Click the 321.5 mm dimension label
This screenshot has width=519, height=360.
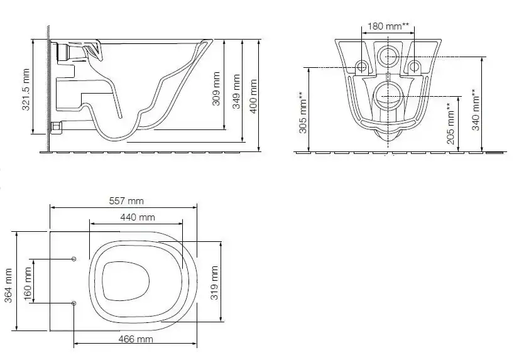pos(26,89)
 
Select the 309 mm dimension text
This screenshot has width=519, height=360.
pos(216,89)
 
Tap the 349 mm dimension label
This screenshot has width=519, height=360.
pos(236,91)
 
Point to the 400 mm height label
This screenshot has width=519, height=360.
pos(254,96)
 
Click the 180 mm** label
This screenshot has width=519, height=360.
pos(388,26)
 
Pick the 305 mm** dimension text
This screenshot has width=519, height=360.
pos(303,112)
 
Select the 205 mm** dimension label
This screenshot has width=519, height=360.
pos(451,123)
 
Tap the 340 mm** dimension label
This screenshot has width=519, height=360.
pos(475,109)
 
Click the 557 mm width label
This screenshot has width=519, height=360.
pos(126,201)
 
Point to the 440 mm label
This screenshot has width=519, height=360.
pos(138,217)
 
